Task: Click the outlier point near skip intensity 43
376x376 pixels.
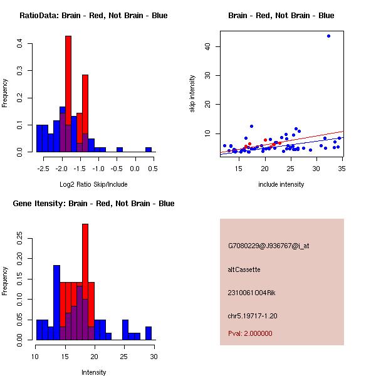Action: click(x=328, y=36)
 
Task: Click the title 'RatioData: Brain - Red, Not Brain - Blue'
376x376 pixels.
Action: click(x=93, y=16)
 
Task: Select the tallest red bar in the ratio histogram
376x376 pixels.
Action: click(x=68, y=94)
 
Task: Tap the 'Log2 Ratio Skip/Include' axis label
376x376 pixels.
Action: click(x=93, y=184)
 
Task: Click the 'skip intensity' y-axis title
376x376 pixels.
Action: click(x=193, y=93)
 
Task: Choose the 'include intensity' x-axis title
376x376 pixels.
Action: click(x=281, y=184)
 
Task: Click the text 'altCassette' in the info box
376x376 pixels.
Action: click(x=244, y=269)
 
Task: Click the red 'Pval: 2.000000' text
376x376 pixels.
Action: click(x=250, y=333)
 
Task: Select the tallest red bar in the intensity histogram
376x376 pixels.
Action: click(x=85, y=282)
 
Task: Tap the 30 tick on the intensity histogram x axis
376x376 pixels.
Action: click(x=154, y=357)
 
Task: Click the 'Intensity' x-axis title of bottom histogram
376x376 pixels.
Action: click(x=93, y=372)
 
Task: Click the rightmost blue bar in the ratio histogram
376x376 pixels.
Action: click(x=149, y=150)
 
